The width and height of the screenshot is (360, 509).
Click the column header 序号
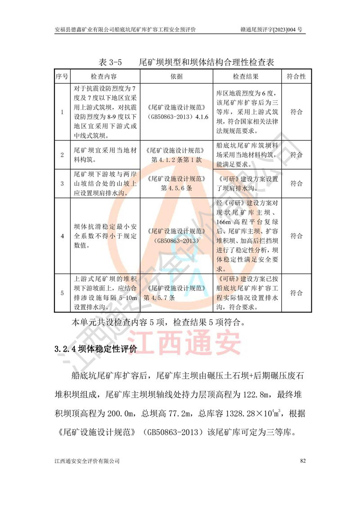[62, 77]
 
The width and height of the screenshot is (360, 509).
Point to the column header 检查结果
[246, 77]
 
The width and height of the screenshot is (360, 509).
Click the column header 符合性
[296, 77]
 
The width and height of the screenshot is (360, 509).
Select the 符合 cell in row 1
[296, 112]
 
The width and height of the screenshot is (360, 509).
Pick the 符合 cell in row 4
[296, 235]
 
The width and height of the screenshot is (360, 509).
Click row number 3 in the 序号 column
[62, 184]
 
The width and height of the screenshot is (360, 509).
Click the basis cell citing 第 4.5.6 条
[176, 184]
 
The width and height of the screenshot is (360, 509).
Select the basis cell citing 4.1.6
[176, 112]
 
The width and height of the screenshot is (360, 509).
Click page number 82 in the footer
[302, 461]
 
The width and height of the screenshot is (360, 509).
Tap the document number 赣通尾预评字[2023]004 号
[271, 30]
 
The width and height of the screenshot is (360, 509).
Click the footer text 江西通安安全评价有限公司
[87, 461]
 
